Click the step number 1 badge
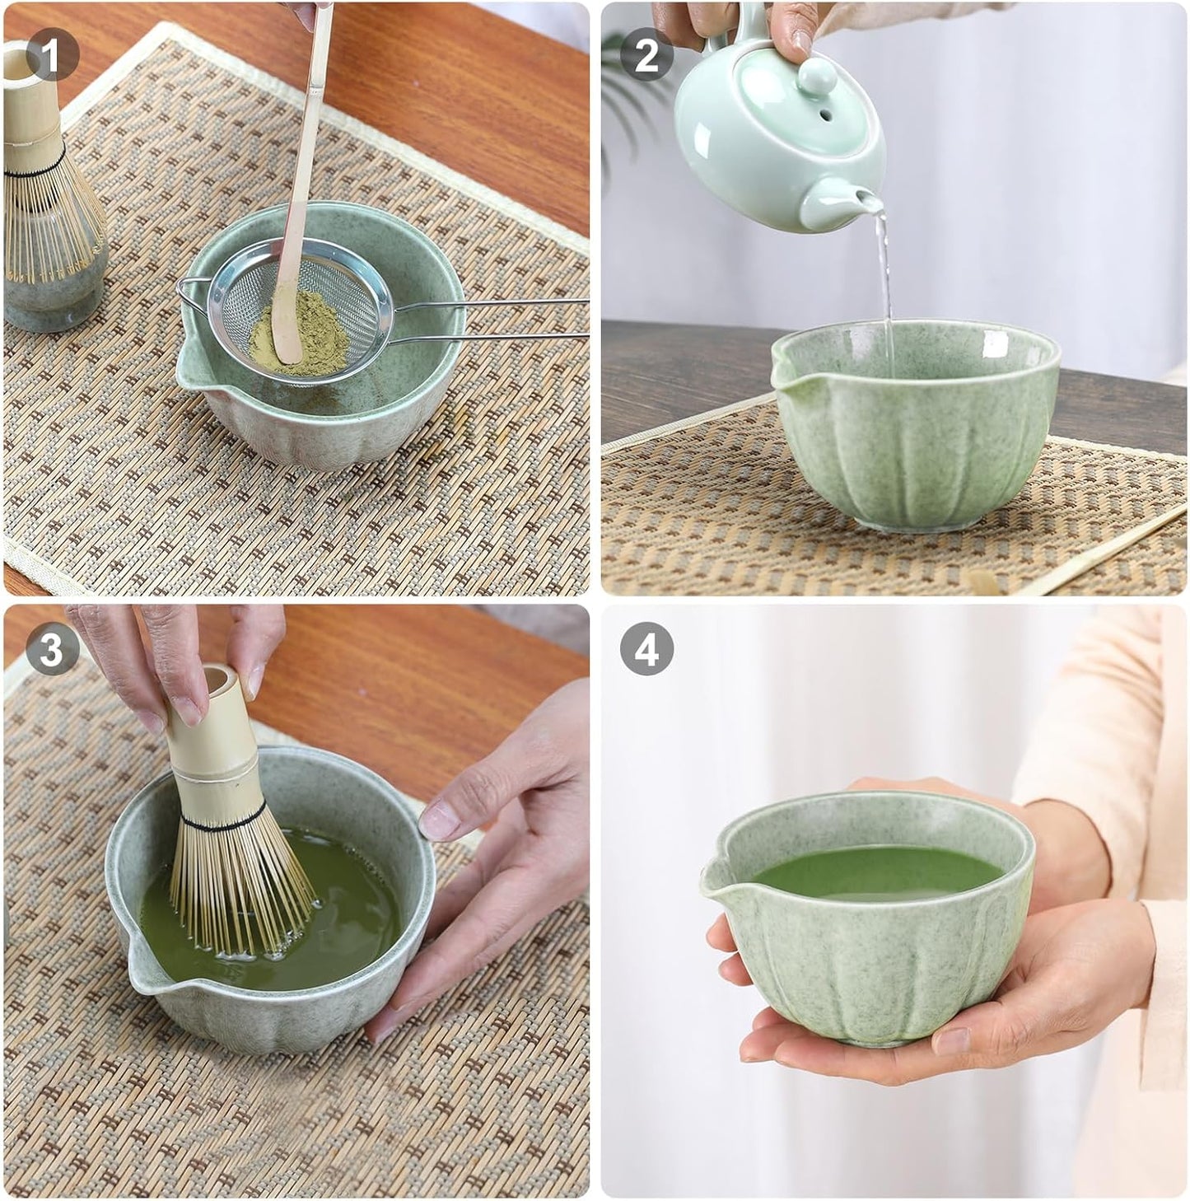[52, 56]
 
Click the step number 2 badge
[646, 55]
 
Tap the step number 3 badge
[52, 649]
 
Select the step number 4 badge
[646, 649]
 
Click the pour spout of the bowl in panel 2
[782, 371]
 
